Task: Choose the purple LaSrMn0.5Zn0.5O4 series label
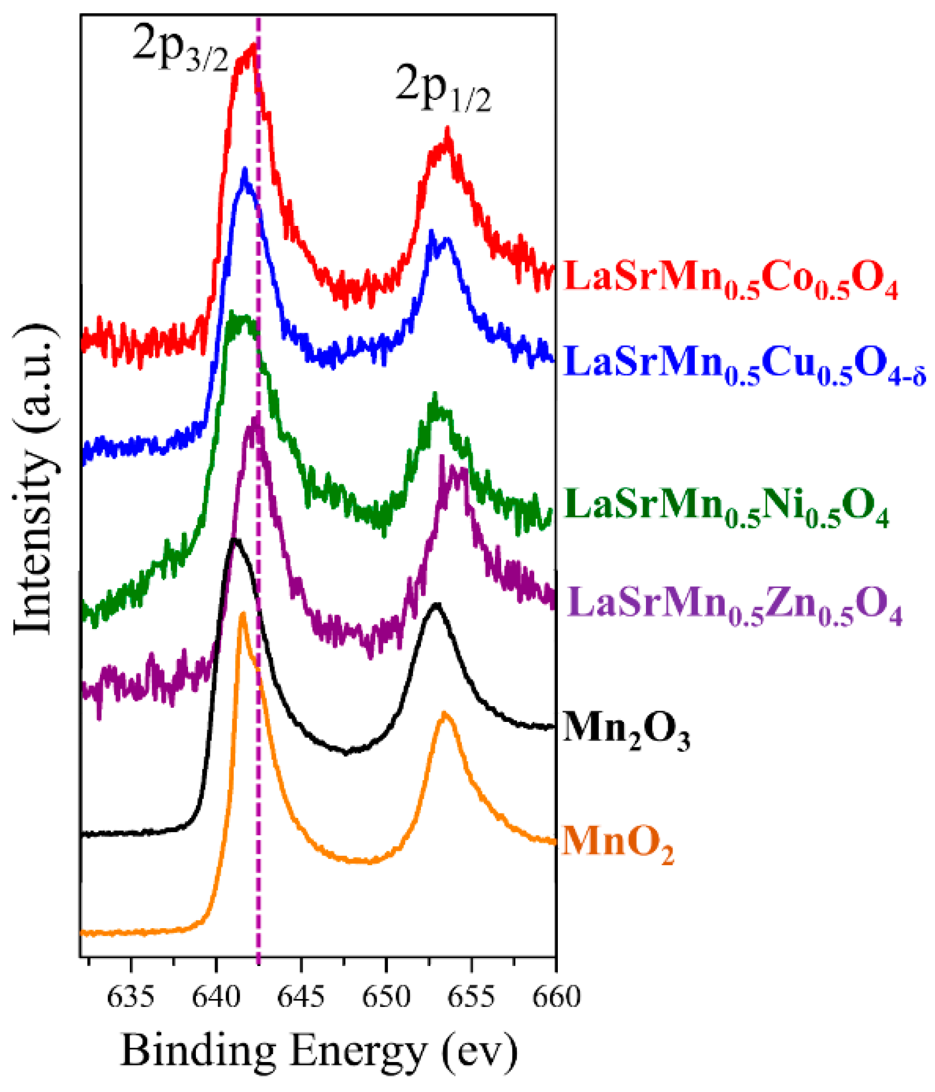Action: point(735,608)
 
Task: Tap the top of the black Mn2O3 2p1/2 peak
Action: point(436,604)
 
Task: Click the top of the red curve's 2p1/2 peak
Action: point(448,129)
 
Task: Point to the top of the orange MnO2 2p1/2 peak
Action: point(445,714)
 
